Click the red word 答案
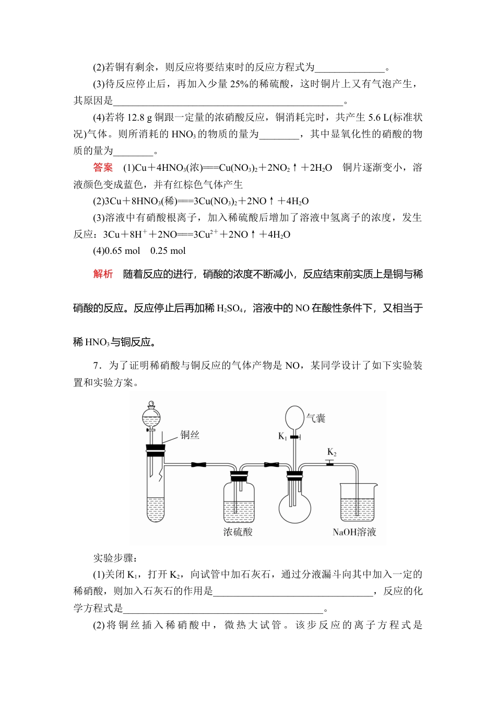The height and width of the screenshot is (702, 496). point(103,168)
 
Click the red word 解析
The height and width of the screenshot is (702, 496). point(103,274)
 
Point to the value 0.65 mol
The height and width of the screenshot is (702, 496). point(123,251)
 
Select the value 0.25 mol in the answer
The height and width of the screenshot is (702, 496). point(168,251)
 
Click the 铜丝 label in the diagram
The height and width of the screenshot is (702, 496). point(190,435)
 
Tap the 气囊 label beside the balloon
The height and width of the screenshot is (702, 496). point(315,418)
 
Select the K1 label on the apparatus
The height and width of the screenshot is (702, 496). point(282,436)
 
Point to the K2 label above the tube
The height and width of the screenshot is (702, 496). point(332,452)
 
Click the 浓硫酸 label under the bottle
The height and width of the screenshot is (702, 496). point(238,532)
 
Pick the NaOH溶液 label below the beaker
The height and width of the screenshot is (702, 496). point(355,532)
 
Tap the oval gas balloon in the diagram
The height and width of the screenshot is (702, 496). point(294,418)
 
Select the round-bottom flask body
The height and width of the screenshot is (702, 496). point(294,507)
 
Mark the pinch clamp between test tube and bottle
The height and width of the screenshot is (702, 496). point(198,464)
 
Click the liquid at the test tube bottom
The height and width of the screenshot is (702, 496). point(156,509)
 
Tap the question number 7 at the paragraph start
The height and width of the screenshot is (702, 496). point(96,366)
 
